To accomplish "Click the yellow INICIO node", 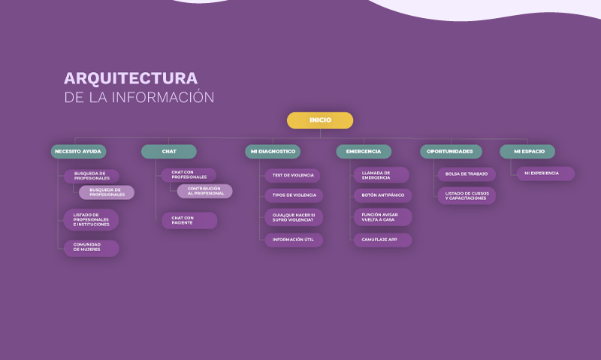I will [x=320, y=120].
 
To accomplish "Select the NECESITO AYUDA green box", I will [x=78, y=152].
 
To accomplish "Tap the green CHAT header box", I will [x=169, y=152].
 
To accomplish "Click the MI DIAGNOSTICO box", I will [x=272, y=152].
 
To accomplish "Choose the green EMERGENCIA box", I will [x=364, y=152].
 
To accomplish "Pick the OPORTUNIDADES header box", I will [x=450, y=152].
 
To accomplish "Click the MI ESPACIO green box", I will [x=527, y=152].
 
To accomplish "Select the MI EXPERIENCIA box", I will [x=545, y=174].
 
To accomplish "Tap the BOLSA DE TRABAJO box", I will [x=466, y=174].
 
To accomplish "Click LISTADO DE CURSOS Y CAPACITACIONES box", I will [x=467, y=196].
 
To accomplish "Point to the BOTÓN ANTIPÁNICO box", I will [x=382, y=195].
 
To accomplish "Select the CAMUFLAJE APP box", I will [x=382, y=240].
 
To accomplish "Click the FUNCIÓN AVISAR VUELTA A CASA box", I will [x=382, y=217].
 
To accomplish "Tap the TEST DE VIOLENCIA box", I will [x=294, y=174].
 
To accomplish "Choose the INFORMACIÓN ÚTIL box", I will [x=294, y=240].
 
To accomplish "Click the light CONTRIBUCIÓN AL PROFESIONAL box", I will [x=204, y=191].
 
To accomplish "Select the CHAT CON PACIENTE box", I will [x=189, y=220].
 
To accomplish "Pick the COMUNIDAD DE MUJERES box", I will [x=91, y=248].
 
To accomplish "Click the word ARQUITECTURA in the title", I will [x=131, y=79].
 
